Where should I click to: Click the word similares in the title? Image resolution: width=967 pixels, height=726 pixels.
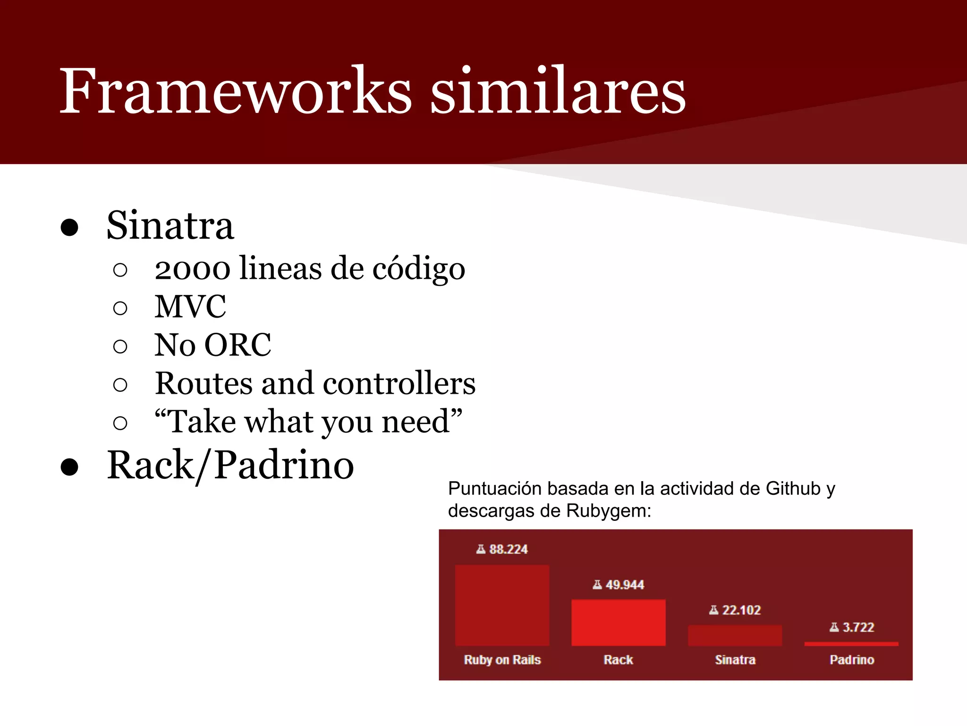click(558, 91)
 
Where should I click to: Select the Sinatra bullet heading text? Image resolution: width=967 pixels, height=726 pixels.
click(170, 226)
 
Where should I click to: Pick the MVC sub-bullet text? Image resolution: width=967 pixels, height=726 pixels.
click(190, 307)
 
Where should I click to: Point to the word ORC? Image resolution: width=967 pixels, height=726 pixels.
click(238, 345)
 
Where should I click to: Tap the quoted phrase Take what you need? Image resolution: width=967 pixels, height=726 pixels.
click(308, 422)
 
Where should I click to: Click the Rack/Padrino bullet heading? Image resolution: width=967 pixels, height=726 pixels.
click(230, 466)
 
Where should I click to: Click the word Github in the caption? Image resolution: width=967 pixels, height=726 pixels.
click(793, 489)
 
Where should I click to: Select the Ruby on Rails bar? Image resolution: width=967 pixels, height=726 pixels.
click(502, 605)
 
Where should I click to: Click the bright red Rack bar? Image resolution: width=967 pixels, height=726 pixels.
click(618, 622)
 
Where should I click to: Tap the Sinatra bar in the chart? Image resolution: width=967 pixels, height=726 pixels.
click(735, 636)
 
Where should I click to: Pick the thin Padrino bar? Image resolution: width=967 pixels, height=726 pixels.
click(851, 644)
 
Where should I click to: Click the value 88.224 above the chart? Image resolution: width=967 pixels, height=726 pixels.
click(508, 549)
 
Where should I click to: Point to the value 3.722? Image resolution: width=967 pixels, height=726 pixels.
click(858, 627)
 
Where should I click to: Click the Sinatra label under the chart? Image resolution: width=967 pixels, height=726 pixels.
click(735, 660)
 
